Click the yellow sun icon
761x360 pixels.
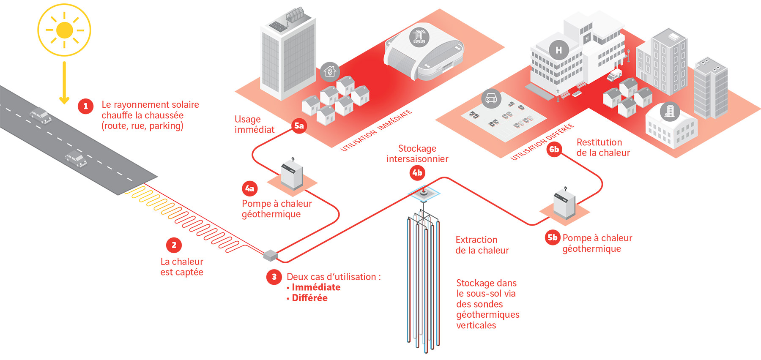coord(64,30)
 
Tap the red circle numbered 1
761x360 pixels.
coord(85,106)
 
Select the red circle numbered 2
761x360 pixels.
coord(174,245)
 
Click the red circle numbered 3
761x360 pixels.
coord(274,277)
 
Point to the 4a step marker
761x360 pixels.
coord(250,188)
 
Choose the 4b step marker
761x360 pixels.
coord(417,172)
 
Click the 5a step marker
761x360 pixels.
coord(299,126)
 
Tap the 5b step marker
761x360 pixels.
coord(553,237)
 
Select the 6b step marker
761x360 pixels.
coord(554,149)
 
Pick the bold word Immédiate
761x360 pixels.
coord(316,287)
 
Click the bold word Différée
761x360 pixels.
coord(309,298)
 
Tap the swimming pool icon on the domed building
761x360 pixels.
coord(419,37)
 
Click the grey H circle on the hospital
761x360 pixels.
coord(558,50)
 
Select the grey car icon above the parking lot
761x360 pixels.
coord(491,99)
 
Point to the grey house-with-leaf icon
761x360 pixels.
coord(330,71)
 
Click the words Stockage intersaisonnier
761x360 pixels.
coord(417,154)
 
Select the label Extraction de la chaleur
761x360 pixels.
coord(482,245)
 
